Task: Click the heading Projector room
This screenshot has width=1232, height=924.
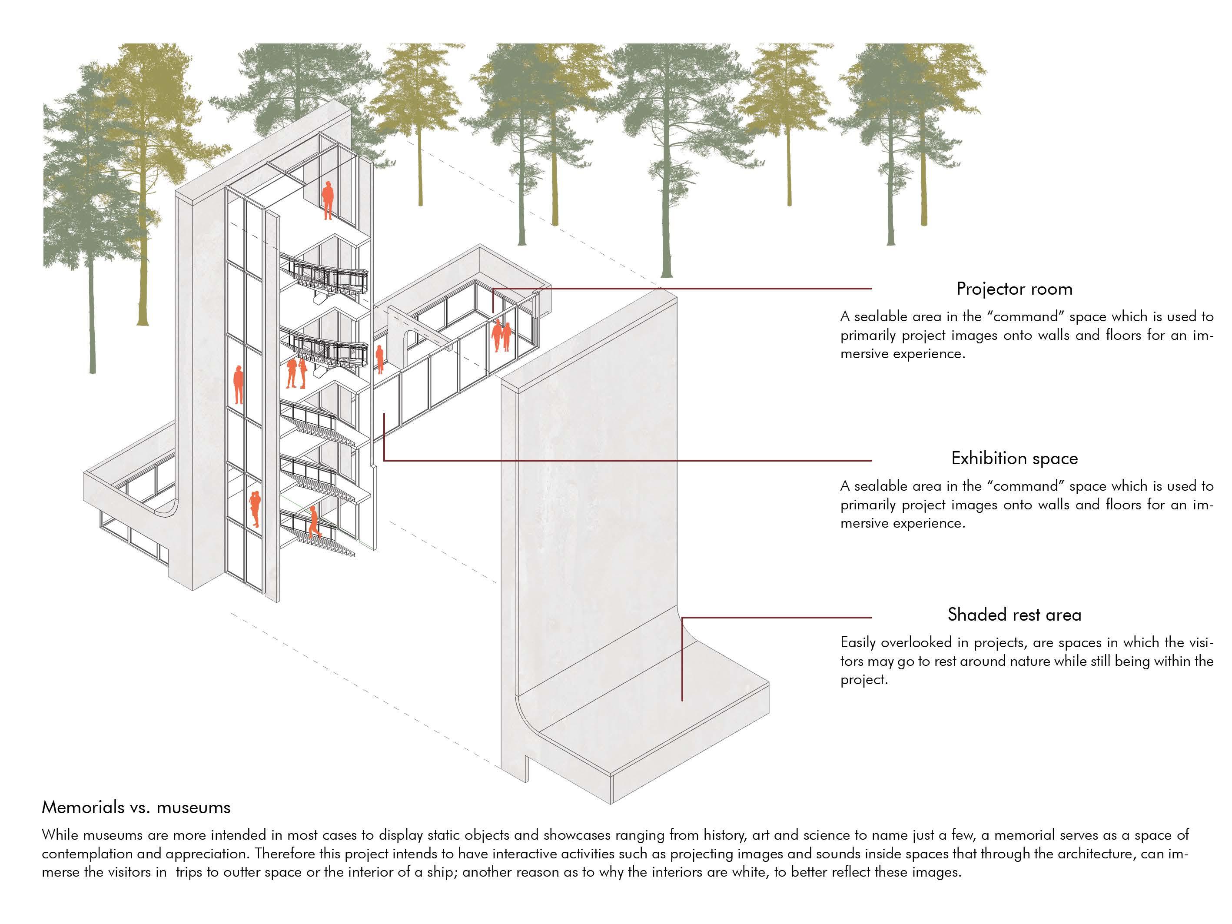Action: click(x=1014, y=289)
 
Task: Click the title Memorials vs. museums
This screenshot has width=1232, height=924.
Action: click(x=136, y=807)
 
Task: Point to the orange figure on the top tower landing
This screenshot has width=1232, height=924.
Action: click(x=328, y=200)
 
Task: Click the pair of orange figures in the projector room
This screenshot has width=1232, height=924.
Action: click(x=501, y=335)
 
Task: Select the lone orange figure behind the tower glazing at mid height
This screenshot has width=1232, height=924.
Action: click(x=239, y=384)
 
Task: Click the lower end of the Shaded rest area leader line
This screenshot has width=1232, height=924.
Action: click(x=682, y=699)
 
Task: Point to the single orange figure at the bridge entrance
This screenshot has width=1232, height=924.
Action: click(x=380, y=359)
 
